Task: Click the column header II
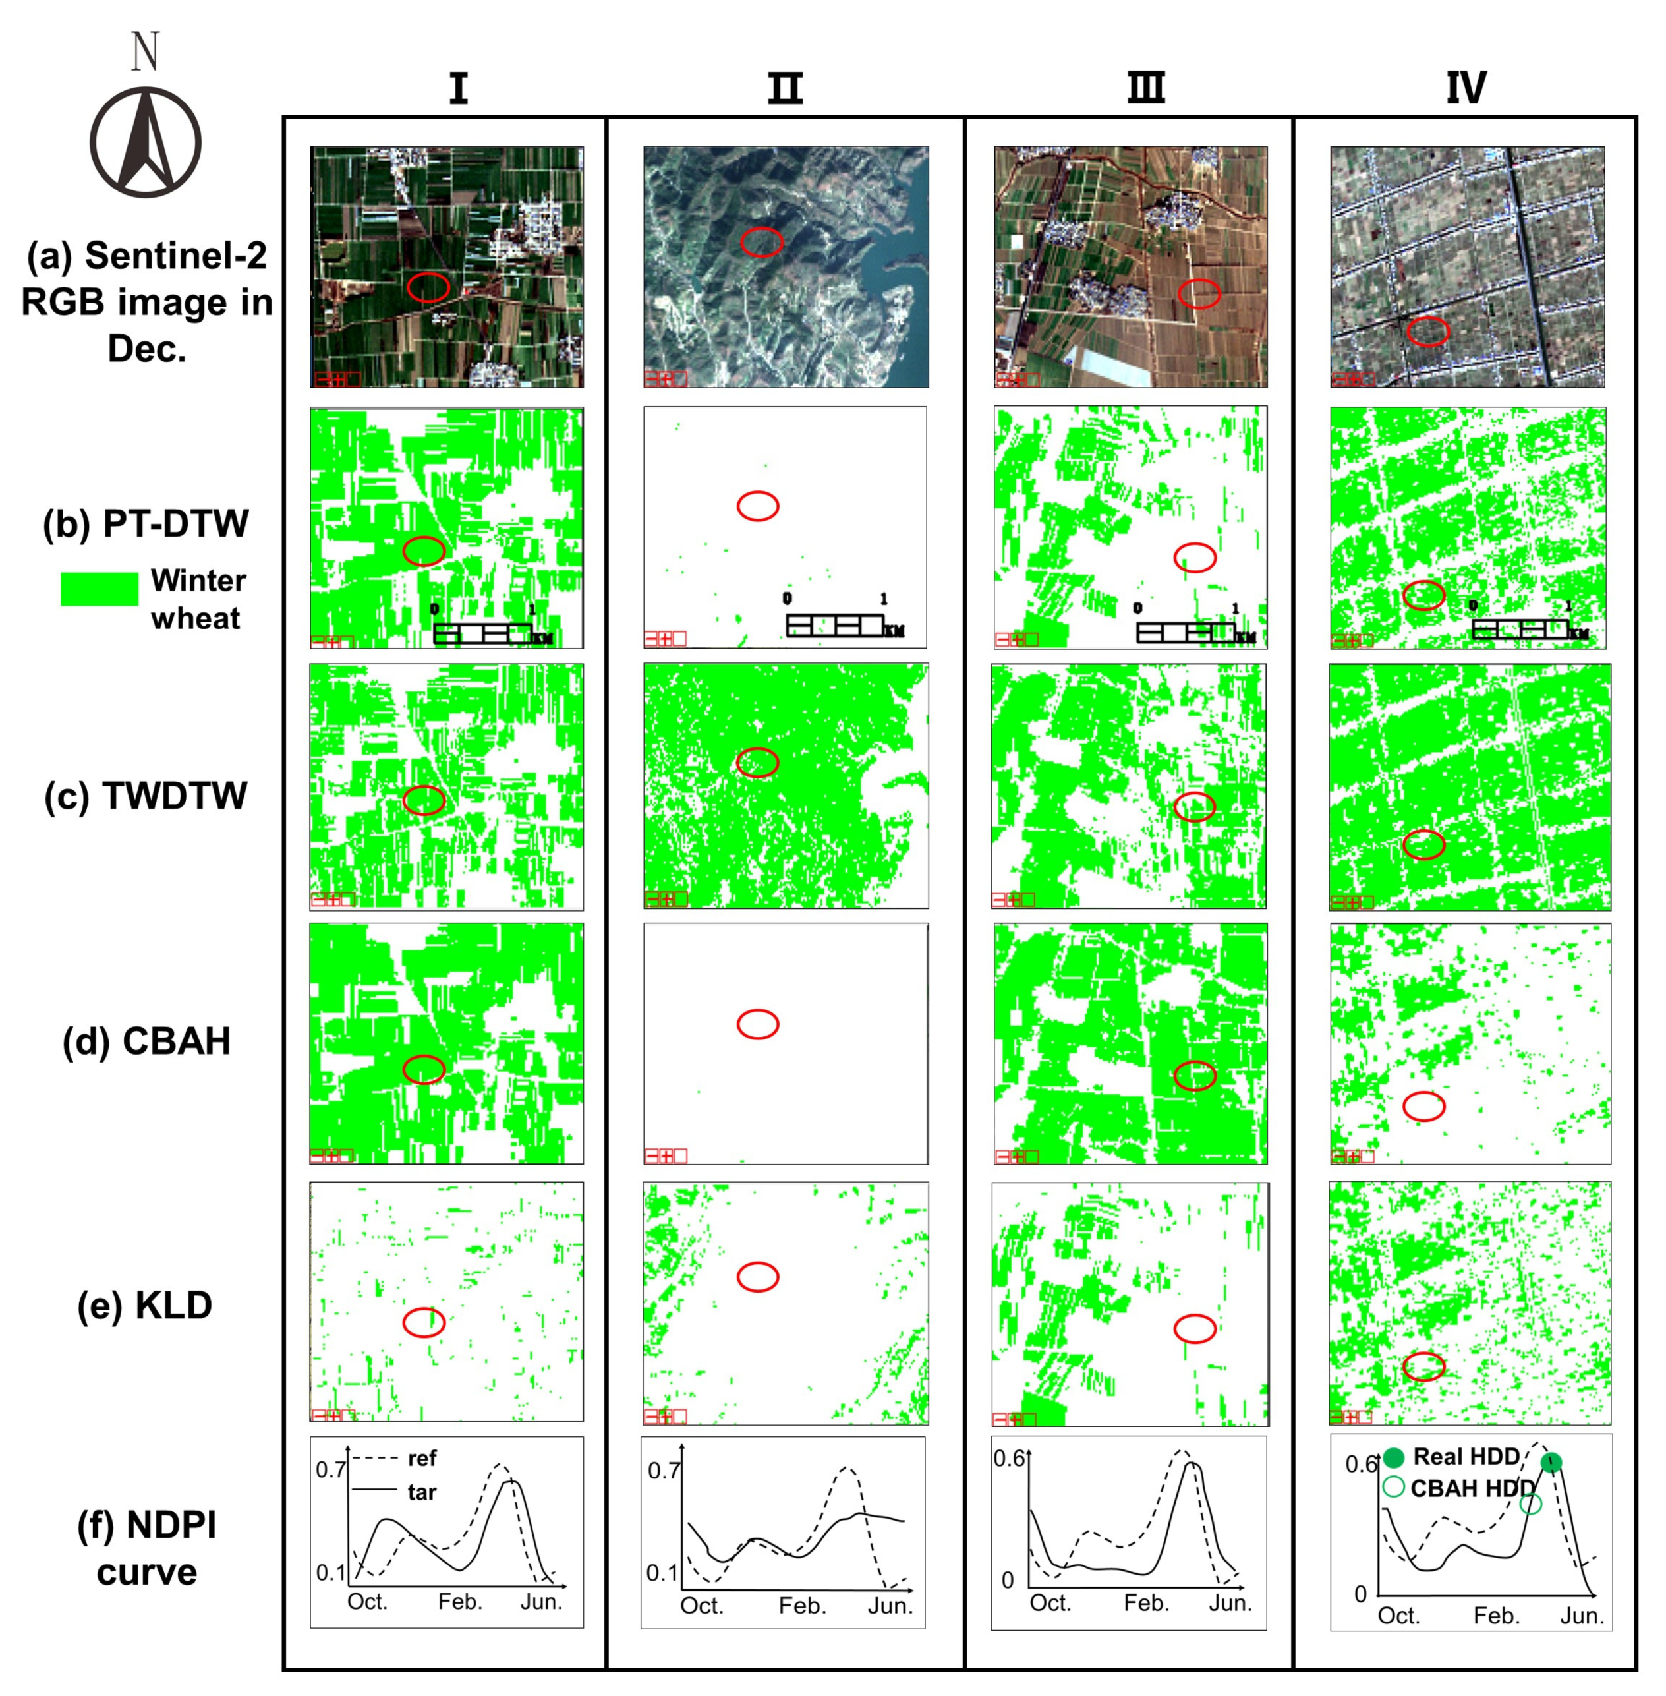point(785,88)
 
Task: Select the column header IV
point(1466,88)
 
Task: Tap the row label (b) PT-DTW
point(146,523)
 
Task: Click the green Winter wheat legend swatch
point(99,589)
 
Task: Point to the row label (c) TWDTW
point(146,796)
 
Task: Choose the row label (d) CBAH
point(146,1041)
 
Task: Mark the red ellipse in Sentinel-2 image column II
point(761,241)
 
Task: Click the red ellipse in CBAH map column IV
point(1423,1106)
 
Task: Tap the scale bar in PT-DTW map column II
point(836,625)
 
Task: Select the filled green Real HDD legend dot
point(1394,1457)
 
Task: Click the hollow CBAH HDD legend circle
point(1394,1487)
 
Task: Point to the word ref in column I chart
point(422,1458)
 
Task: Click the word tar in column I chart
point(422,1492)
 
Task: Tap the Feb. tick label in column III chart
point(1146,1602)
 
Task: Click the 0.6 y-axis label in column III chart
point(1009,1459)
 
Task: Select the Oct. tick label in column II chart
point(701,1605)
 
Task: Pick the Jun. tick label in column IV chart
point(1581,1615)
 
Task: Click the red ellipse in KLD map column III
point(1194,1328)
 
